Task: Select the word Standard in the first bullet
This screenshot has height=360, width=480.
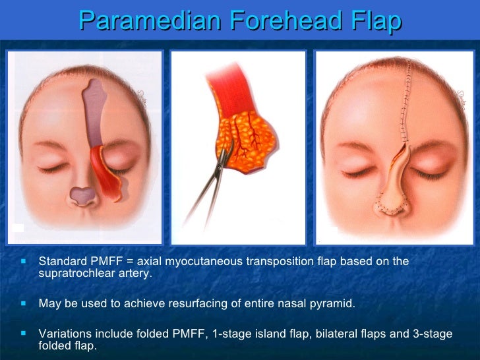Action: pyautogui.click(x=61, y=261)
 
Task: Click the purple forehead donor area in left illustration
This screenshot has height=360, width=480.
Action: pyautogui.click(x=95, y=112)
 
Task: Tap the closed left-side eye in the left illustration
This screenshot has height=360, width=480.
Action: pyautogui.click(x=55, y=168)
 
